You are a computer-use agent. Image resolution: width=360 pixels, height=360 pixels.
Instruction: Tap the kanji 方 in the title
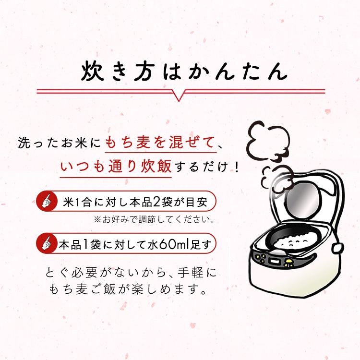144,72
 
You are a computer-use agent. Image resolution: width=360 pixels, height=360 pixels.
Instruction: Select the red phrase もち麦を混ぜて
160,143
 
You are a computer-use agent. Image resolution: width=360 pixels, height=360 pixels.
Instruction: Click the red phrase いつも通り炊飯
116,167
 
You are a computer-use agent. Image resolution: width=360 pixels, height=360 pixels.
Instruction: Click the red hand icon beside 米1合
47,201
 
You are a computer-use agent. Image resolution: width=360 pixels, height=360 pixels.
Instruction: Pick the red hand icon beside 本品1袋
47,243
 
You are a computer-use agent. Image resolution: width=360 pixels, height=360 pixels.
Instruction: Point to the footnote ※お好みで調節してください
154,219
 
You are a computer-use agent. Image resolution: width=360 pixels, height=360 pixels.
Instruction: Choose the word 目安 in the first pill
196,202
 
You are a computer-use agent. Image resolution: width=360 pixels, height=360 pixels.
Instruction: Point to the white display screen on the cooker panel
275,261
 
